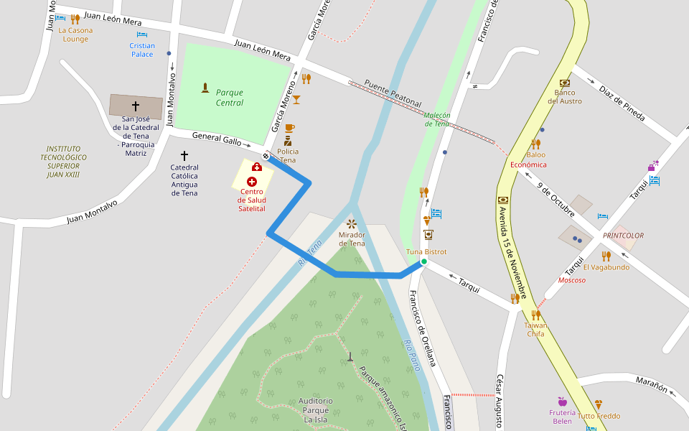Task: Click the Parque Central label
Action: coord(230,98)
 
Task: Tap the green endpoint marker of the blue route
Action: coord(423,262)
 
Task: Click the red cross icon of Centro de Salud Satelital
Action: coord(252,182)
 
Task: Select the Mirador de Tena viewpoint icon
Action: coord(351,224)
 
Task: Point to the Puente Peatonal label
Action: coord(393,93)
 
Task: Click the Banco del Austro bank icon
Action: coord(565,83)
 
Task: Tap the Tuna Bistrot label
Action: coord(426,252)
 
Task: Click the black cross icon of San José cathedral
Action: coord(135,106)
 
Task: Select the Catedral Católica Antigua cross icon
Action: coord(184,155)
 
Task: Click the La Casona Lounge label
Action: coord(75,34)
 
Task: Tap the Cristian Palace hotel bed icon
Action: coord(142,34)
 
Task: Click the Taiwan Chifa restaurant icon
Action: coord(535,315)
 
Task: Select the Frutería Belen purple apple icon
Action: coord(562,401)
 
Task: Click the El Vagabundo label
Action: coord(606,267)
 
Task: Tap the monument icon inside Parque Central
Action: coord(205,88)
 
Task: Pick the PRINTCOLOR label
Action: coord(623,236)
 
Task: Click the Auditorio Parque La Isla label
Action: coord(315,410)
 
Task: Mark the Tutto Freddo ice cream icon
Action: coord(599,404)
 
